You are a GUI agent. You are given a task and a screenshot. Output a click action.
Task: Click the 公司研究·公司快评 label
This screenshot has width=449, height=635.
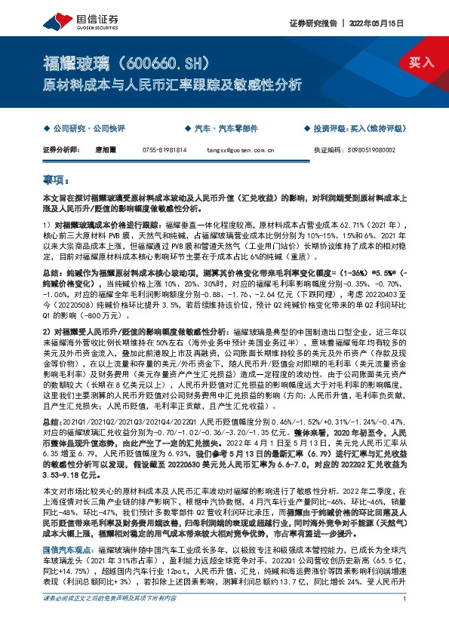(80, 129)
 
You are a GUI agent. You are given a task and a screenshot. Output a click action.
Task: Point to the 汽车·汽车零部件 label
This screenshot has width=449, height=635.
(226, 129)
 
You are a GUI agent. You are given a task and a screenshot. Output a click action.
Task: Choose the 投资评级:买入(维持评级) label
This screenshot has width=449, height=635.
(361, 129)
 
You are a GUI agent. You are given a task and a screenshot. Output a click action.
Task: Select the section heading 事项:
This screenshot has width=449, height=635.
(57, 181)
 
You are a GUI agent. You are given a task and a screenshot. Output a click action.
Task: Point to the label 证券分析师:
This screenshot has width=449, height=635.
(61, 150)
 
